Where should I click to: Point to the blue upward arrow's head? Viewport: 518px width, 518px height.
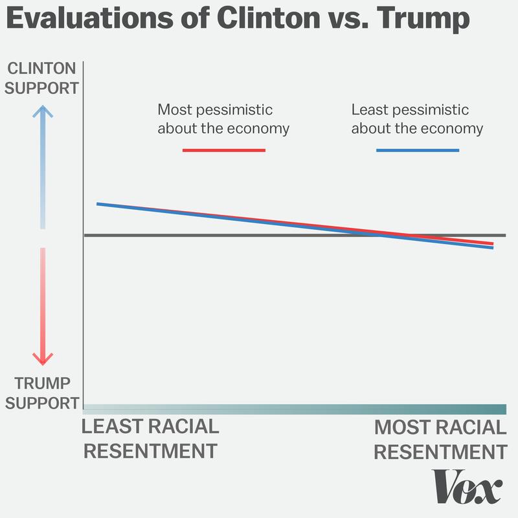pyautogui.click(x=42, y=111)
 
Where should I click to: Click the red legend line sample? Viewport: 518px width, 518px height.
pyautogui.click(x=223, y=150)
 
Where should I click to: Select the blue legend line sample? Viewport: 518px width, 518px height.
pyautogui.click(x=417, y=150)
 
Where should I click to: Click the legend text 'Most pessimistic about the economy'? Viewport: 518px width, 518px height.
pyautogui.click(x=223, y=118)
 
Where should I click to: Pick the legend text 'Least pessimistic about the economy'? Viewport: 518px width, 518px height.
pyautogui.click(x=417, y=118)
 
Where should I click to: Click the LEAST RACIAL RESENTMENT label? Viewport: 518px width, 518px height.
pyautogui.click(x=151, y=439)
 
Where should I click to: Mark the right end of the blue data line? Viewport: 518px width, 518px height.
pyautogui.click(x=493, y=247)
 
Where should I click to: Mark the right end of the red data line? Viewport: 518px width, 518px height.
pyautogui.click(x=493, y=243)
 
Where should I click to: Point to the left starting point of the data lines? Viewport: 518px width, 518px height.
pyautogui.click(x=98, y=204)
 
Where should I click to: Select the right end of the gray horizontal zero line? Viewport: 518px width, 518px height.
pyautogui.click(x=504, y=234)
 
